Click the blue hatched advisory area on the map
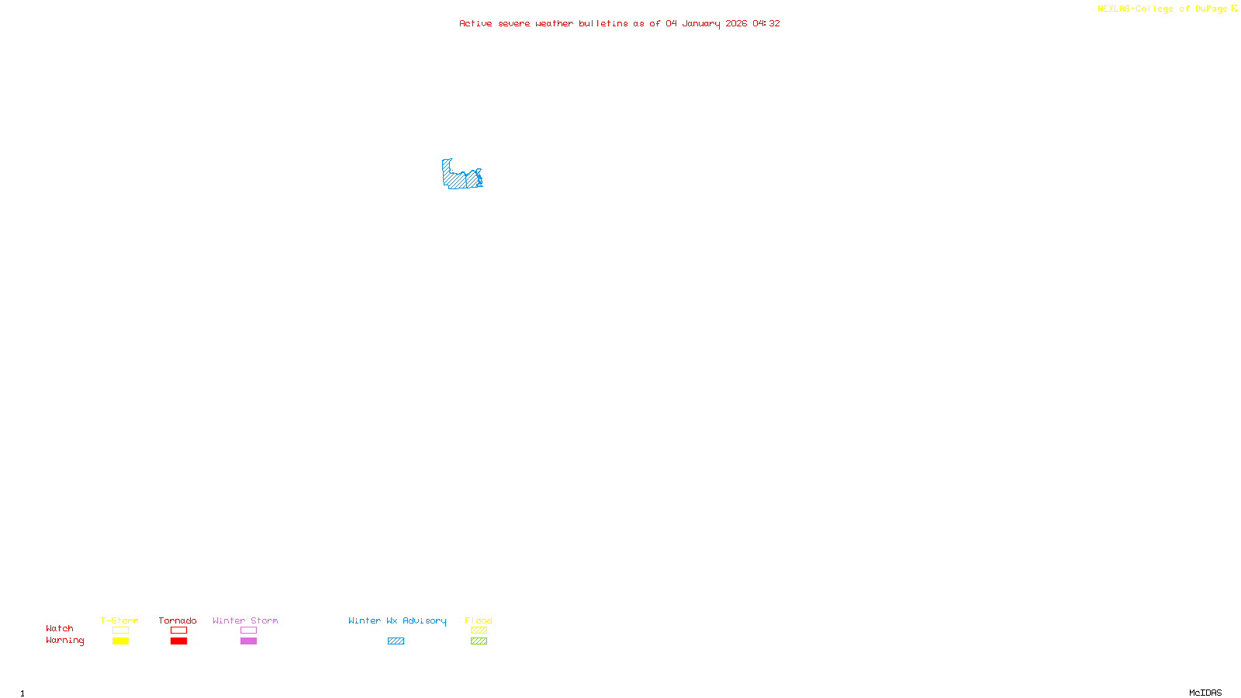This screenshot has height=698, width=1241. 458,179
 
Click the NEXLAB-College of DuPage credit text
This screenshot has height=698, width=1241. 1162,9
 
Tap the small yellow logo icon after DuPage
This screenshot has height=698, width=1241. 1234,9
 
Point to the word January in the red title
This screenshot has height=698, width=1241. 700,23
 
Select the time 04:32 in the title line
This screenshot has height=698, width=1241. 766,23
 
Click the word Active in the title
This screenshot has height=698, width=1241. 475,23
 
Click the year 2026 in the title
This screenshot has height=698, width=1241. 736,23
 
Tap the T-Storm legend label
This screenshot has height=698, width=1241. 119,620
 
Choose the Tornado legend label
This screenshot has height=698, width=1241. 178,620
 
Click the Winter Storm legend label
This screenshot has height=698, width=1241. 245,620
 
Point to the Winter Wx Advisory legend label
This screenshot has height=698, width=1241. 397,620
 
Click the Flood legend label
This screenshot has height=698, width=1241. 479,620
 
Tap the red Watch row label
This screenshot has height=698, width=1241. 60,628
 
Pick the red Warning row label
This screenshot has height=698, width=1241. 64,641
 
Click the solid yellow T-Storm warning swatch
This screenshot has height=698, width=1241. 120,641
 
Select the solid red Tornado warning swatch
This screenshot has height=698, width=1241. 178,641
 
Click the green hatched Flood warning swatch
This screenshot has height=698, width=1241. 479,641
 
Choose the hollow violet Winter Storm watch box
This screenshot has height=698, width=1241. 248,631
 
